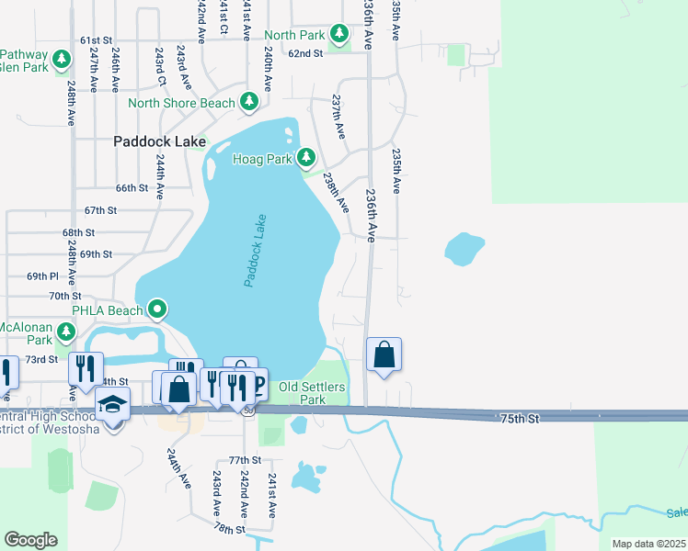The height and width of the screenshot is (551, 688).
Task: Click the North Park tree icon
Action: click(339, 35)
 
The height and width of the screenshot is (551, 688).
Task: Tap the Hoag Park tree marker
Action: click(306, 159)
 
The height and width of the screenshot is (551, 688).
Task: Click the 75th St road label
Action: click(519, 418)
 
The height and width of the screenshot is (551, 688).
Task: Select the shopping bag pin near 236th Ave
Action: click(384, 355)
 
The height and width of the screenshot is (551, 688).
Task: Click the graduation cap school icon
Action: click(112, 405)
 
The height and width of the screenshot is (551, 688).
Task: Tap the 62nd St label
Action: click(305, 53)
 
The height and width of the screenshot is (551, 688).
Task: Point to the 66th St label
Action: click(132, 187)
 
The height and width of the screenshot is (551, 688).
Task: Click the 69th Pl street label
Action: click(42, 275)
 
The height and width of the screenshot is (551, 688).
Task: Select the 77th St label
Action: click(246, 459)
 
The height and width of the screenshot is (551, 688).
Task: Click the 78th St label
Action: click(230, 530)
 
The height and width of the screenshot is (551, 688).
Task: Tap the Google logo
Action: click(30, 540)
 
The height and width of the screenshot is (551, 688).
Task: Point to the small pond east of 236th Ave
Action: click(464, 248)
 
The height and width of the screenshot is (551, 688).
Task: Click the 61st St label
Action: click(96, 40)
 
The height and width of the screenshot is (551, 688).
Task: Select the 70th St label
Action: click(65, 296)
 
